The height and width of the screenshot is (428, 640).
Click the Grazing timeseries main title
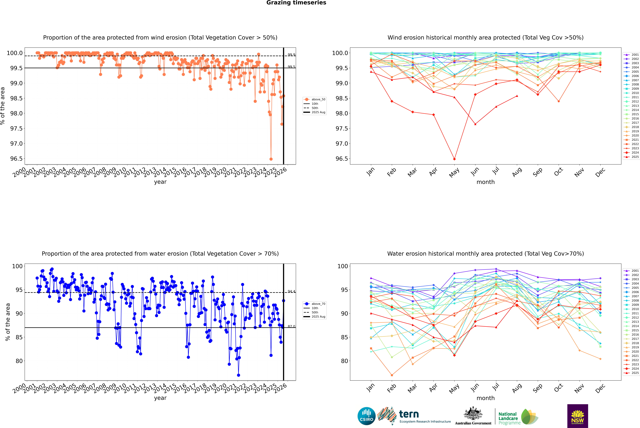296,3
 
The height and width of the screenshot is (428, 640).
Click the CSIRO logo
366,416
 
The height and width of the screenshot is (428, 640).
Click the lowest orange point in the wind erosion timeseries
271,159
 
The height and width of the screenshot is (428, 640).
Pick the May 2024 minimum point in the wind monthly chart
454,159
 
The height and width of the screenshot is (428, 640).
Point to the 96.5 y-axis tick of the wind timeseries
16,159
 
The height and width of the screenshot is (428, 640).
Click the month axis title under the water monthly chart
485,398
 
